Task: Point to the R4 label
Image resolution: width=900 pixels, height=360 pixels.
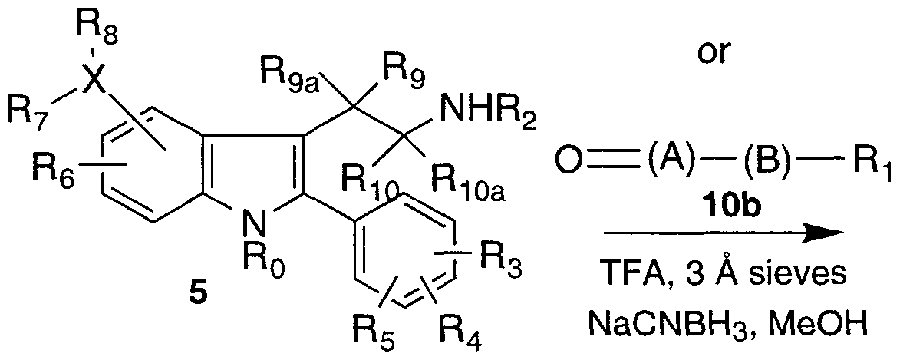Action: coord(460,335)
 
